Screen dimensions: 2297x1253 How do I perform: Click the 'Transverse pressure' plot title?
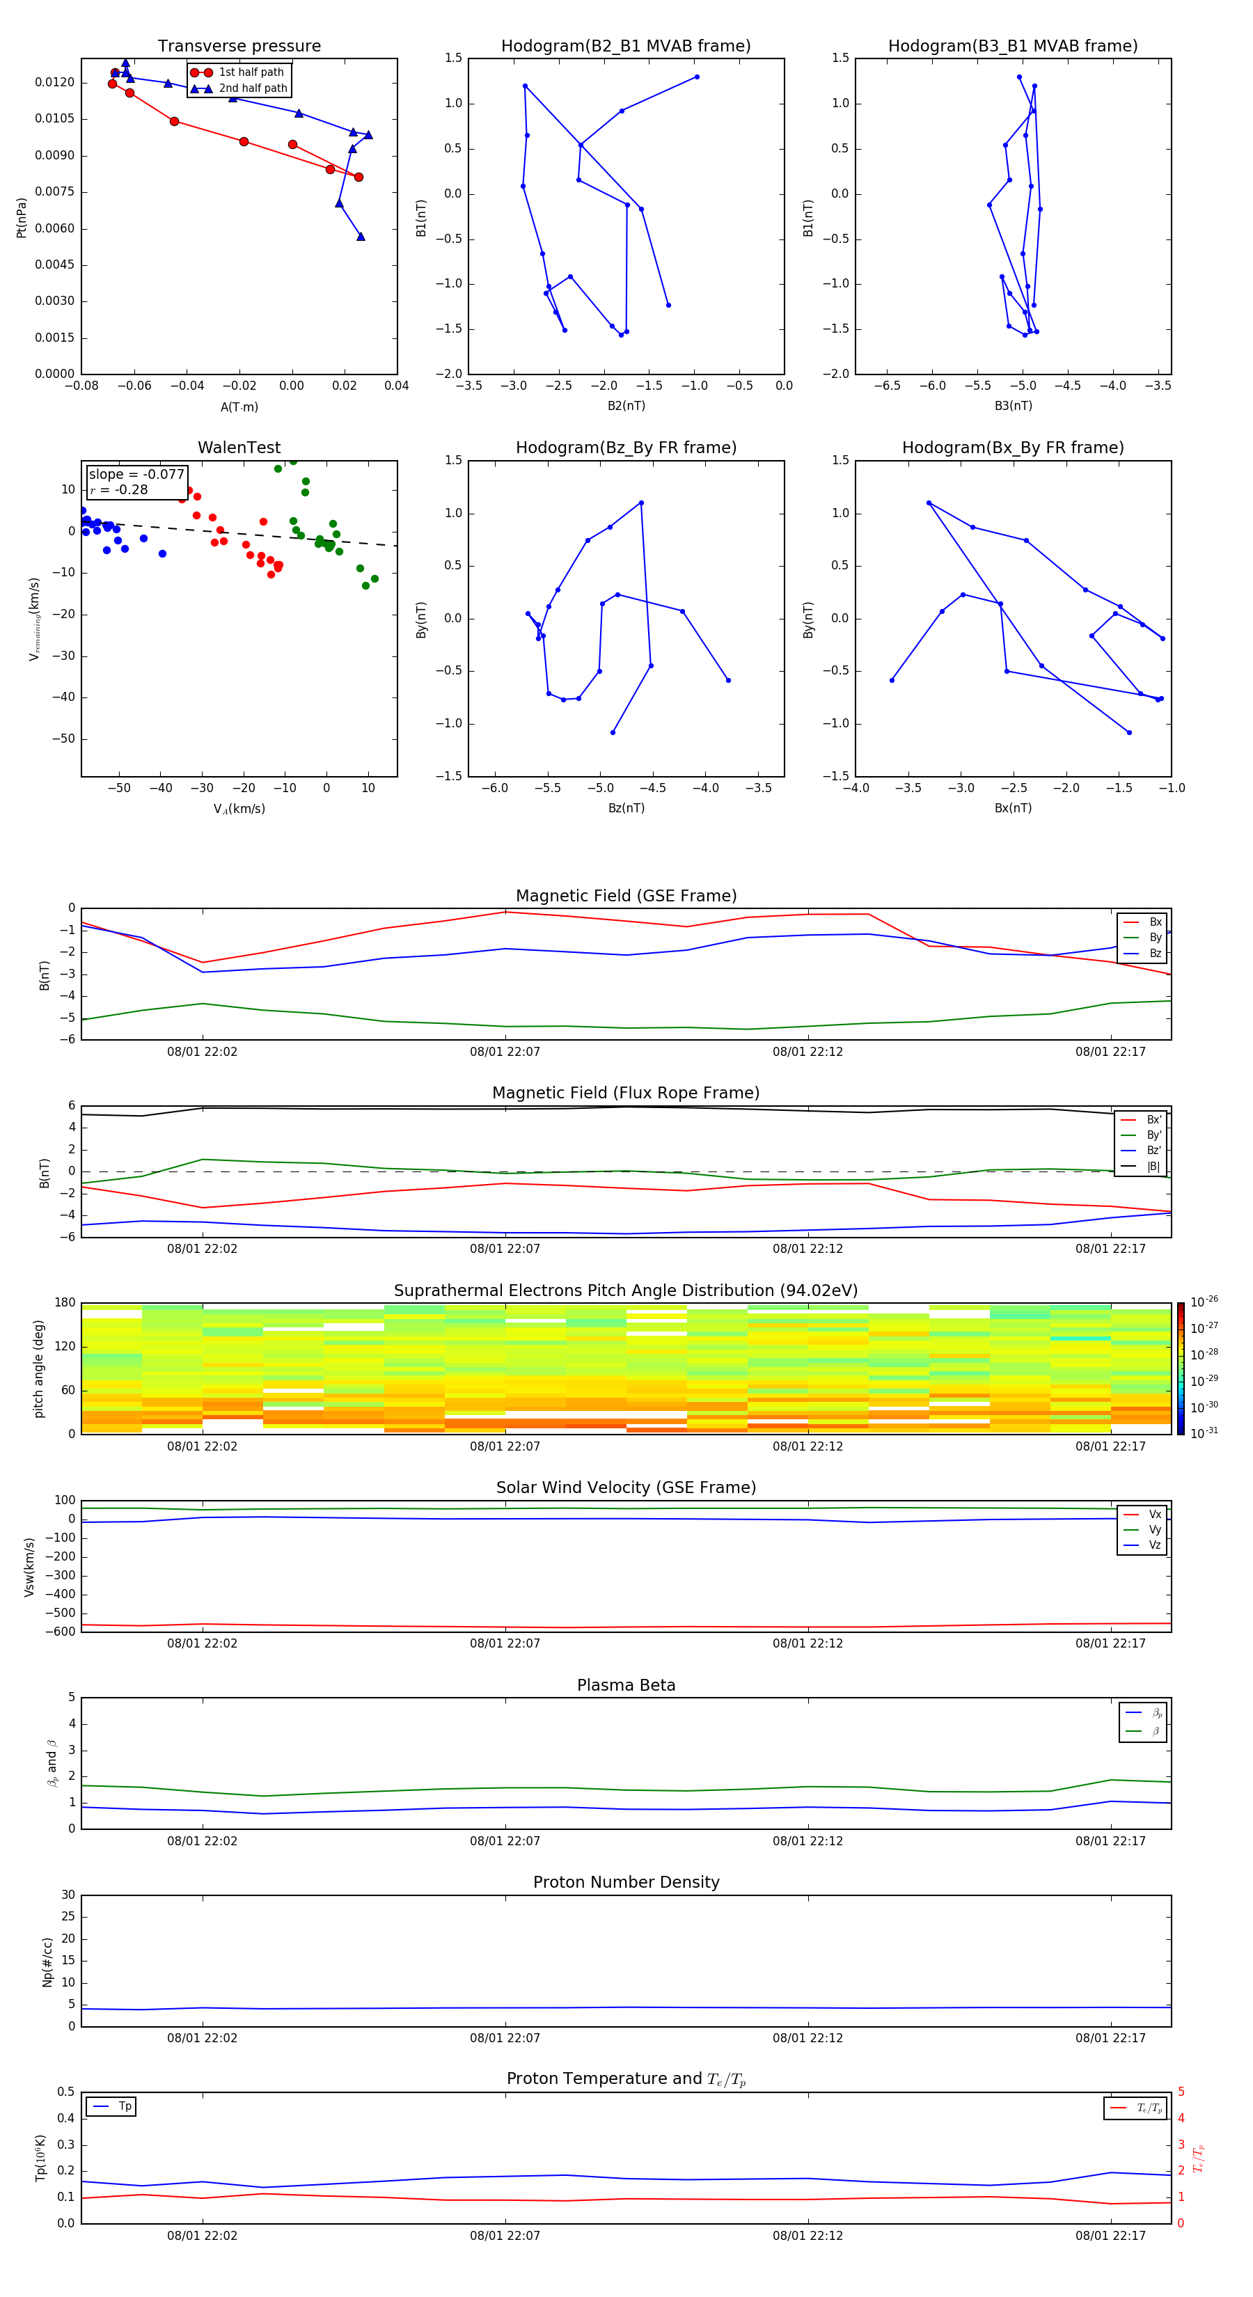tap(239, 47)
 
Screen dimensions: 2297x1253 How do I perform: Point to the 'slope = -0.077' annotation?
tap(136, 475)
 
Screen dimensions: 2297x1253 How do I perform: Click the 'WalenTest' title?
tap(239, 448)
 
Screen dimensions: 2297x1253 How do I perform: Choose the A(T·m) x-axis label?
tap(239, 407)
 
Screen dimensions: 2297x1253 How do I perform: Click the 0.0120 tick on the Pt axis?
tap(54, 82)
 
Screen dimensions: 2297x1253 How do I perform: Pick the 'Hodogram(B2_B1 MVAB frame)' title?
tap(625, 47)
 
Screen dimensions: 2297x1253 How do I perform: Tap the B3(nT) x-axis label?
tap(1013, 406)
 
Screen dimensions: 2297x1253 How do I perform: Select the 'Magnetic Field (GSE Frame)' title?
tap(626, 896)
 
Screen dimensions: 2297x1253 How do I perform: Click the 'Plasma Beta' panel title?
tap(626, 1685)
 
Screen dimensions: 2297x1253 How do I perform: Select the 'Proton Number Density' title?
tap(626, 1882)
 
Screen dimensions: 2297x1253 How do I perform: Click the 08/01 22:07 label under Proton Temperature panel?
tap(505, 2236)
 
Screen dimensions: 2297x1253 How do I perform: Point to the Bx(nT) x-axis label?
tap(1013, 808)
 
